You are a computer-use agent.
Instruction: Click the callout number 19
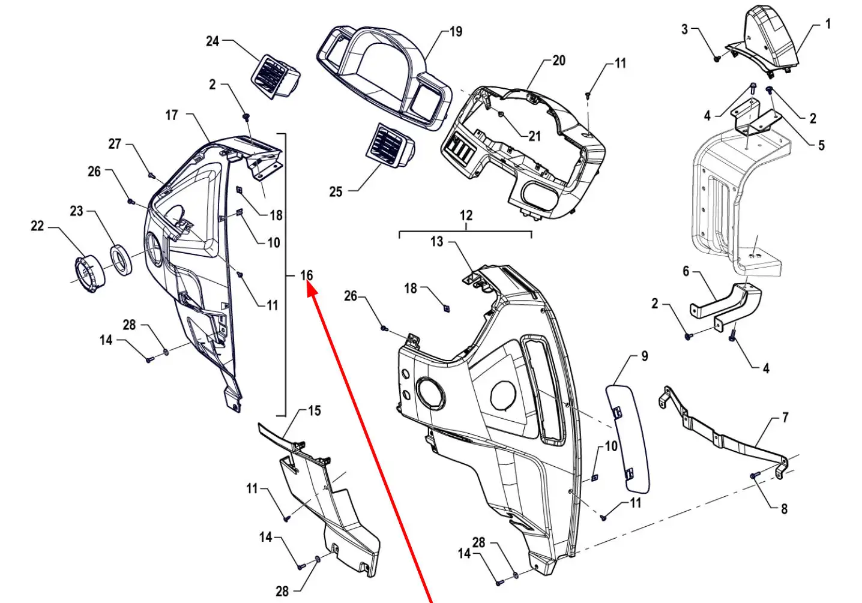point(456,32)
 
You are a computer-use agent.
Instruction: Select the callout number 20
point(559,61)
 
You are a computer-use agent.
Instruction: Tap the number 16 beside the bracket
point(307,275)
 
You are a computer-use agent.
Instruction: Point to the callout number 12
point(466,215)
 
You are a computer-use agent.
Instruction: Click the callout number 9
point(645,356)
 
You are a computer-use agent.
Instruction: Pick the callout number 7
point(785,418)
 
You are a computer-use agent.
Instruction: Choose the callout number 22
point(37,226)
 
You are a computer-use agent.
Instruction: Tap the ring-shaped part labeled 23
point(122,260)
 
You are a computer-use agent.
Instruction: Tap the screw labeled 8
point(754,476)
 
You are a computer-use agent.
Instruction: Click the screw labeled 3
point(717,58)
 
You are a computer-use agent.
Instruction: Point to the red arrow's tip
point(310,287)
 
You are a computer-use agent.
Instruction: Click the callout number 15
point(315,411)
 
